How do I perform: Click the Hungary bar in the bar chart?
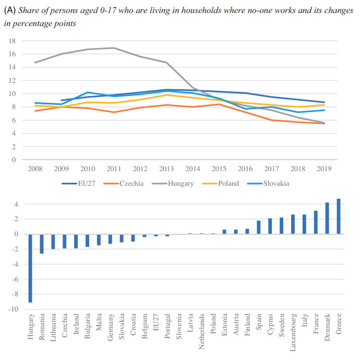click(x=31, y=268)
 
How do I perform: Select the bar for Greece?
click(x=338, y=217)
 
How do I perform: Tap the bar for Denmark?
click(x=327, y=218)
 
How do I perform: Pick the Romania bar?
click(x=42, y=244)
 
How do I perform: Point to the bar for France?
click(x=316, y=222)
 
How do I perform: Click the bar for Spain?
click(x=258, y=227)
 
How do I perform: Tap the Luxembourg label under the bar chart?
click(x=293, y=330)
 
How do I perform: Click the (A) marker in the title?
click(x=10, y=11)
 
